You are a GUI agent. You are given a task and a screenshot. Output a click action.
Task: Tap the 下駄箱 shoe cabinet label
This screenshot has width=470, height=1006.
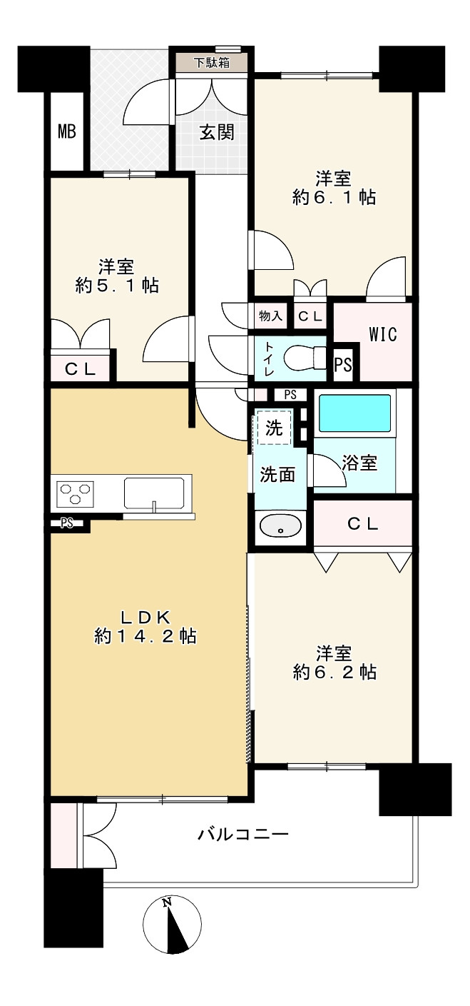[x=213, y=62]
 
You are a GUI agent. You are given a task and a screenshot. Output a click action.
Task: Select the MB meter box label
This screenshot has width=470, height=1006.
[x=67, y=132]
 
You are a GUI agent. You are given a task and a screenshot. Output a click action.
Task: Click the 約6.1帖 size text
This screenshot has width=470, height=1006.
[x=334, y=198]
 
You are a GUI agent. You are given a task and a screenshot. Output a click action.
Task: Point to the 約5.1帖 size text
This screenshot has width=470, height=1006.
[x=117, y=286]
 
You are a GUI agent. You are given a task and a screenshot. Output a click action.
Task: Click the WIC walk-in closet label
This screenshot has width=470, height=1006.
[x=382, y=333]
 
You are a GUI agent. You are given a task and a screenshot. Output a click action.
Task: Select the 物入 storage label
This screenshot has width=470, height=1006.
[x=270, y=316]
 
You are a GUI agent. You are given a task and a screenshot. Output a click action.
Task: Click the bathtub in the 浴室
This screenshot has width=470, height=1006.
[x=354, y=413]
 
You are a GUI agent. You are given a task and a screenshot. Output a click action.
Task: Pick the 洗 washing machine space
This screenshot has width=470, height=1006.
[x=274, y=428]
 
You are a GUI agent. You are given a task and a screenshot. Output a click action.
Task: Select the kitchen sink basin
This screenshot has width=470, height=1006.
[x=153, y=492]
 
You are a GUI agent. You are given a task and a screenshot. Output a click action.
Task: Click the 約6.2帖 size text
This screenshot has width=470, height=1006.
[x=334, y=672]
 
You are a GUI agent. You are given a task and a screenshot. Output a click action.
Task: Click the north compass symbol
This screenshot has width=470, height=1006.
[x=171, y=925]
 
